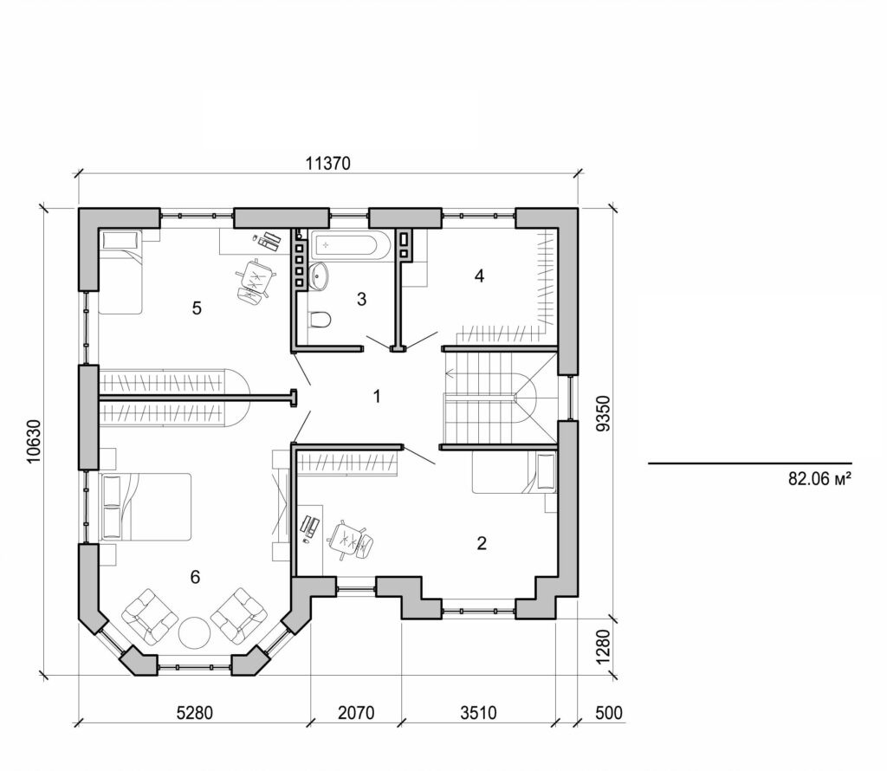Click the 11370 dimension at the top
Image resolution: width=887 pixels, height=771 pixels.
click(x=326, y=165)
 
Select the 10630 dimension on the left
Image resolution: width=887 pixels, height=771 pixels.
click(x=33, y=441)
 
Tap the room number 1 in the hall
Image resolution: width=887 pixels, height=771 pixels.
click(x=376, y=396)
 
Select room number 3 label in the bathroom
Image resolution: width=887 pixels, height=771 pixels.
click(x=361, y=300)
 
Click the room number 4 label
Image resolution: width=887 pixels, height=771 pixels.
click(x=478, y=276)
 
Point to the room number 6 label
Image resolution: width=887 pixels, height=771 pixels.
click(x=196, y=577)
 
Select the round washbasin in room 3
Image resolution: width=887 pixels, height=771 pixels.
click(x=320, y=276)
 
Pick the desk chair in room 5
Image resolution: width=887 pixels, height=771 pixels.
click(x=255, y=280)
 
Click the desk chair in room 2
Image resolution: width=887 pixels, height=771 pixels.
click(x=351, y=538)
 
